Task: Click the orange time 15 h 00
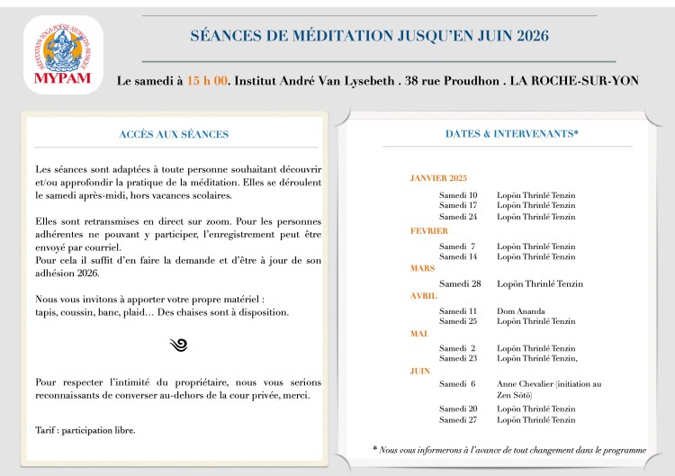206,80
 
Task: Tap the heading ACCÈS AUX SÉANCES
174,134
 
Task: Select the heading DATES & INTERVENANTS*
511,133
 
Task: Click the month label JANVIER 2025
438,178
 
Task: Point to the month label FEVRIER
428,231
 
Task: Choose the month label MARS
423,268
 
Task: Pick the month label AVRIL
424,295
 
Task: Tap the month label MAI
419,333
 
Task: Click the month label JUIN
420,370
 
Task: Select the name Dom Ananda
520,311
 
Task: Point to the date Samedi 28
460,283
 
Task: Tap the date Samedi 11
458,311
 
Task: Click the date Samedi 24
458,217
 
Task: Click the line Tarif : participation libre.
85,429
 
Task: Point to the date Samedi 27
458,419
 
